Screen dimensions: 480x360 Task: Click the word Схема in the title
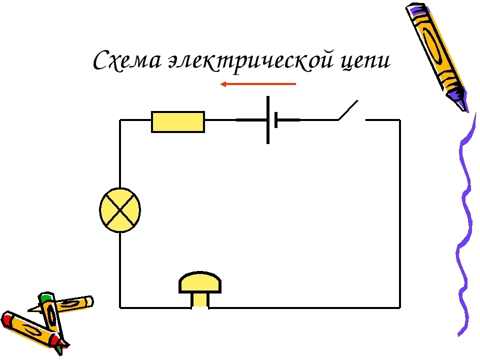[127, 60]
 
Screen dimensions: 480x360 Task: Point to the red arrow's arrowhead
[223, 84]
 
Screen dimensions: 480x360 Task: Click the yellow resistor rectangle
[178, 122]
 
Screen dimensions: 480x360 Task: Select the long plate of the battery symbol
[268, 119]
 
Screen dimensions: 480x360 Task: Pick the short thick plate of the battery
[276, 119]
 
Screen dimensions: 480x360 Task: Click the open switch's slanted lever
[348, 110]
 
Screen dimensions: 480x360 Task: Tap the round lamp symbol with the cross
[120, 210]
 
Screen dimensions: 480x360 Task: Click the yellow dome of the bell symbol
[200, 282]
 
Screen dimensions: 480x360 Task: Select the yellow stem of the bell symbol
[200, 300]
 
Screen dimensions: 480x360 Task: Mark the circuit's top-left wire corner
[120, 120]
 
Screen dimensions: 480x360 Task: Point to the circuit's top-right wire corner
[399, 120]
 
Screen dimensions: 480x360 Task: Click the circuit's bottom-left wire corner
[120, 307]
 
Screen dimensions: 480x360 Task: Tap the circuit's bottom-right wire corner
[399, 307]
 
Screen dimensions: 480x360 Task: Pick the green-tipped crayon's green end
[46, 296]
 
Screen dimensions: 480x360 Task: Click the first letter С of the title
[102, 60]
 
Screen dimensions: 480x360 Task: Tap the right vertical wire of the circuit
[399, 213]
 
